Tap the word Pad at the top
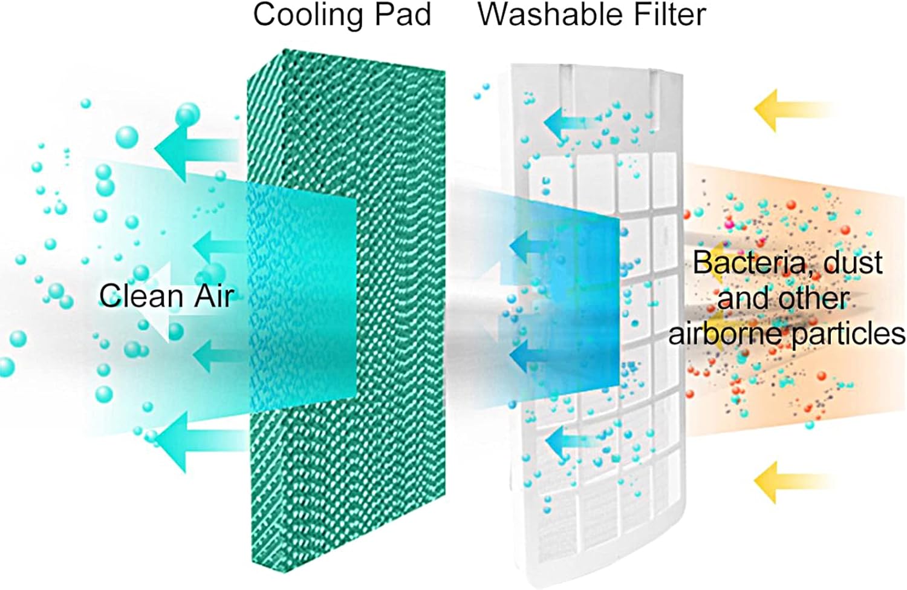pyautogui.click(x=403, y=15)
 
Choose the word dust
pyautogui.click(x=853, y=263)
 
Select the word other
pyautogui.click(x=812, y=298)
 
